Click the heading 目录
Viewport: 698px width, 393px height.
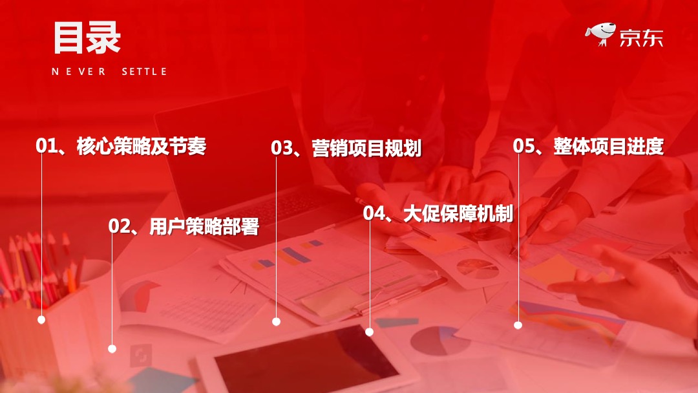[87, 37]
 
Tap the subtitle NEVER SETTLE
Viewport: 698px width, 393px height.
[109, 72]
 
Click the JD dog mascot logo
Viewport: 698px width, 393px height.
[600, 34]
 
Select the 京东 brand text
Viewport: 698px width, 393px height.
[640, 37]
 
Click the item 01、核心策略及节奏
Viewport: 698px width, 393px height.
[121, 146]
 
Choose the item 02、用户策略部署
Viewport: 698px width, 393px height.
[184, 226]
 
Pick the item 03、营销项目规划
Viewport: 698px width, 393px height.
[346, 148]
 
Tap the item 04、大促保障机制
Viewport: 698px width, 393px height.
[438, 213]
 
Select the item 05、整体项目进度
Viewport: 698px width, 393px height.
[588, 146]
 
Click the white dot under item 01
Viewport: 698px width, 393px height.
[41, 319]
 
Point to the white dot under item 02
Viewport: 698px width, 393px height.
[112, 349]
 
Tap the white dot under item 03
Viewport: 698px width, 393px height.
[276, 321]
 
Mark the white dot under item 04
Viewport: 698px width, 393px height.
[369, 332]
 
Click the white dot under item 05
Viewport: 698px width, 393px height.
[518, 325]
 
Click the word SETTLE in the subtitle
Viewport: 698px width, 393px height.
[144, 72]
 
